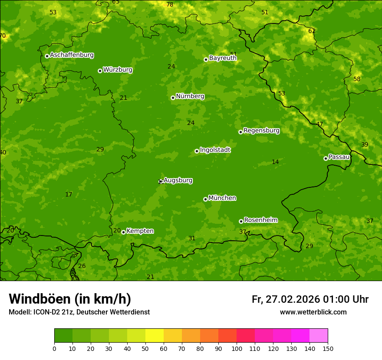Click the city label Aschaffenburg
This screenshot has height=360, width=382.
[x=72, y=55]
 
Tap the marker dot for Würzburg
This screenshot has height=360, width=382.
[x=100, y=71]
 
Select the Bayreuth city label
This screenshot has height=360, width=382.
[x=223, y=58]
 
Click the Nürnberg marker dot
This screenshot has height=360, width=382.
[x=173, y=98]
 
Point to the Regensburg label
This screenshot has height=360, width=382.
[x=261, y=130]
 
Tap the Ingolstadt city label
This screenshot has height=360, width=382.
[x=215, y=150]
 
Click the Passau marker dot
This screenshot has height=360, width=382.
[x=326, y=158]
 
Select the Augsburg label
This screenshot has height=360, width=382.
[x=178, y=180]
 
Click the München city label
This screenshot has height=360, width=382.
[x=222, y=198]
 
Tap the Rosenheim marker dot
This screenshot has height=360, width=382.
[x=241, y=221]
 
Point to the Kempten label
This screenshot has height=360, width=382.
[x=140, y=231]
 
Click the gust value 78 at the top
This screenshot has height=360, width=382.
[x=170, y=4]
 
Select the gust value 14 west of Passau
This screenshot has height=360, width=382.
[x=275, y=162]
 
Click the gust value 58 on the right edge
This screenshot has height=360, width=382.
[x=357, y=79]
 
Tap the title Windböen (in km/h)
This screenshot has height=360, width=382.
[x=69, y=299]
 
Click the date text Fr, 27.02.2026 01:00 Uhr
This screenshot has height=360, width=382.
[x=310, y=299]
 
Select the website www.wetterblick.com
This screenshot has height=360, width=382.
[x=313, y=312]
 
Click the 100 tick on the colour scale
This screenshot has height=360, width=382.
[x=237, y=348]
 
